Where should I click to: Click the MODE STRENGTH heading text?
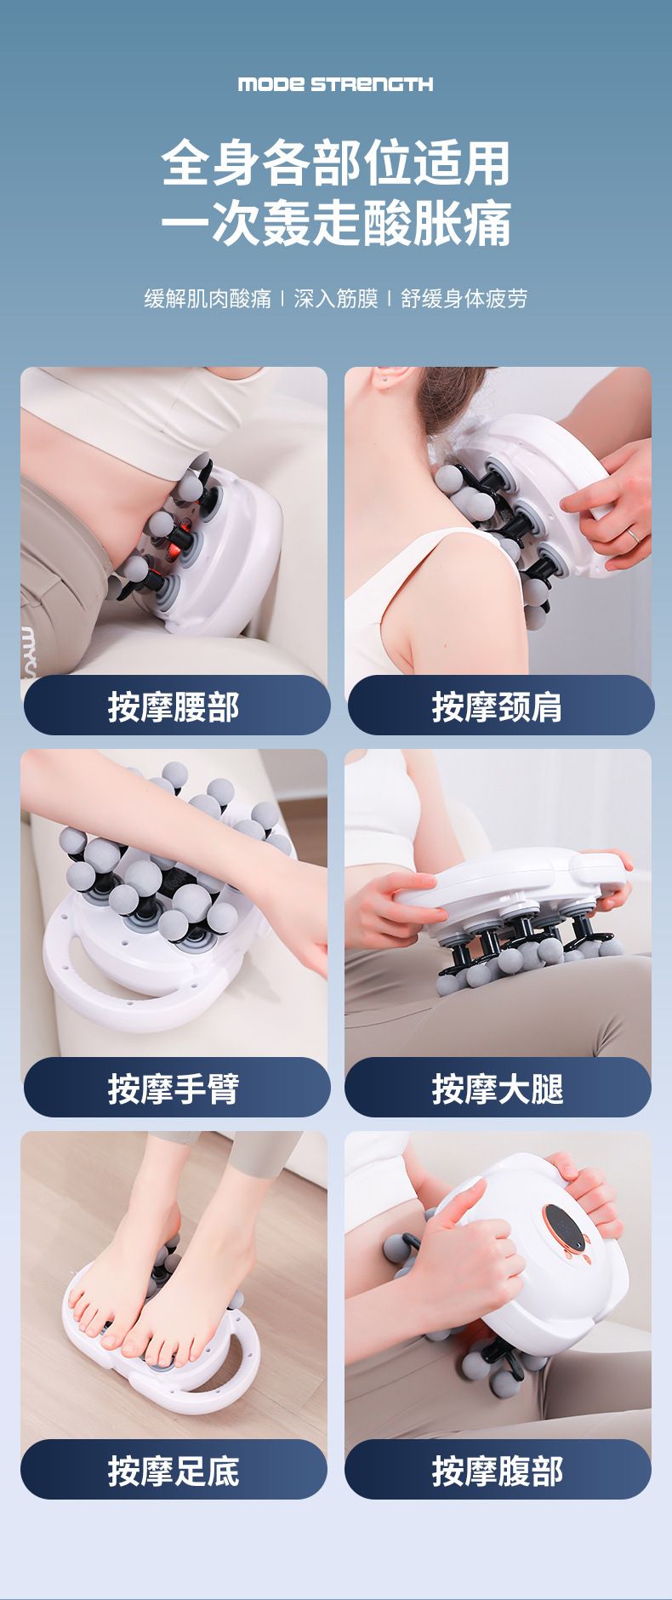(335, 83)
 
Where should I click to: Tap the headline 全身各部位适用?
(336, 163)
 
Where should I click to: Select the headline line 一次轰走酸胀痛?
(336, 223)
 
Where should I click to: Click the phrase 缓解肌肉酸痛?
(208, 298)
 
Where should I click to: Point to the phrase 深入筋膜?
(335, 298)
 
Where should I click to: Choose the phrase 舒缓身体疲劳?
(464, 298)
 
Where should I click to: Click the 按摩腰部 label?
(174, 706)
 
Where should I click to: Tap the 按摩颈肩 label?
(498, 706)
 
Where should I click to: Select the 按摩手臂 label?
(174, 1089)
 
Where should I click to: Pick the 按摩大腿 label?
(498, 1089)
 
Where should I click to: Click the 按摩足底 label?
(174, 1471)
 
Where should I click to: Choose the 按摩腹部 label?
(498, 1471)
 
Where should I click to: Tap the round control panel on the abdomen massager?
(563, 1228)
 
